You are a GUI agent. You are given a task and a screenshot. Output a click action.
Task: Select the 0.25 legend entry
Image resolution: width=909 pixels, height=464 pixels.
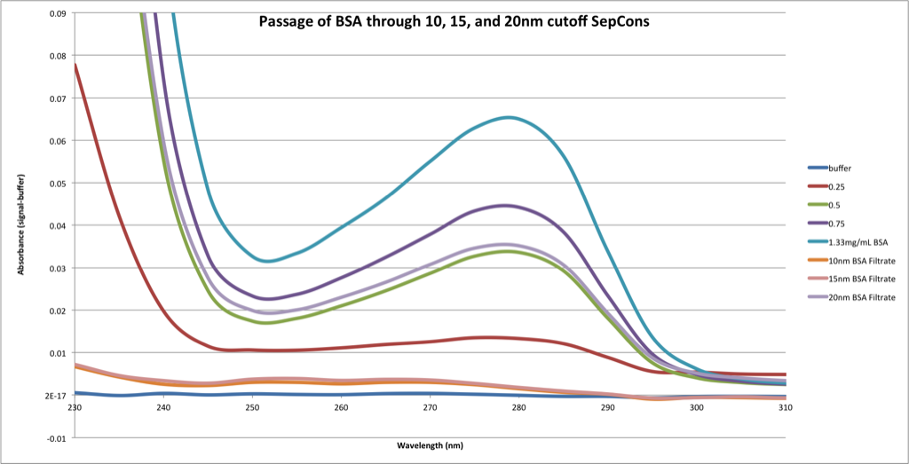pos(837,186)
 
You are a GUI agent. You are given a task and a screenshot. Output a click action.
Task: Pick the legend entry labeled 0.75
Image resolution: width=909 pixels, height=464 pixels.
pos(837,223)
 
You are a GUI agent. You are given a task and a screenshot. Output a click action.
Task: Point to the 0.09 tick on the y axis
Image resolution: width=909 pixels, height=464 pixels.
pos(56,13)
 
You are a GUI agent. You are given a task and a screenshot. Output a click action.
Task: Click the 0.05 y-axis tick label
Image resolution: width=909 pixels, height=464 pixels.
pos(56,184)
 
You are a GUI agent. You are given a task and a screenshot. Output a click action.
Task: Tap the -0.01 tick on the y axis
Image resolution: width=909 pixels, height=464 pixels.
pos(54,438)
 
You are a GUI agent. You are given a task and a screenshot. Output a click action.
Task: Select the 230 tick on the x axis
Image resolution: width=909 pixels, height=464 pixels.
pos(75,408)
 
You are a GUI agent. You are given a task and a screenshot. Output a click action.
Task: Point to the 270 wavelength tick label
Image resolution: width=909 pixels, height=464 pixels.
pos(430,408)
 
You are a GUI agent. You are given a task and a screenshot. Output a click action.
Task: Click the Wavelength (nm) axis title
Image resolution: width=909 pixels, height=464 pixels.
pos(430,444)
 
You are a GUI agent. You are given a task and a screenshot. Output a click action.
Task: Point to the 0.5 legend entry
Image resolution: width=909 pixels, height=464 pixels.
pos(834,204)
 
